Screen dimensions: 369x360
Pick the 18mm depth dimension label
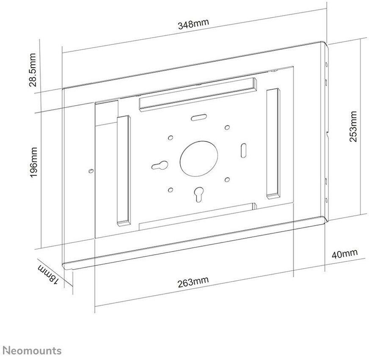click(47, 276)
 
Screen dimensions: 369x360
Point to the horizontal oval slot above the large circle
click(198, 118)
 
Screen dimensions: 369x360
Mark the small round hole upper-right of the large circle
click(227, 127)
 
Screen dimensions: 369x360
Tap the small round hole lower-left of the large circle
click(170, 190)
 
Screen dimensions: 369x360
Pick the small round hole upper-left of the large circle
click(170, 138)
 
